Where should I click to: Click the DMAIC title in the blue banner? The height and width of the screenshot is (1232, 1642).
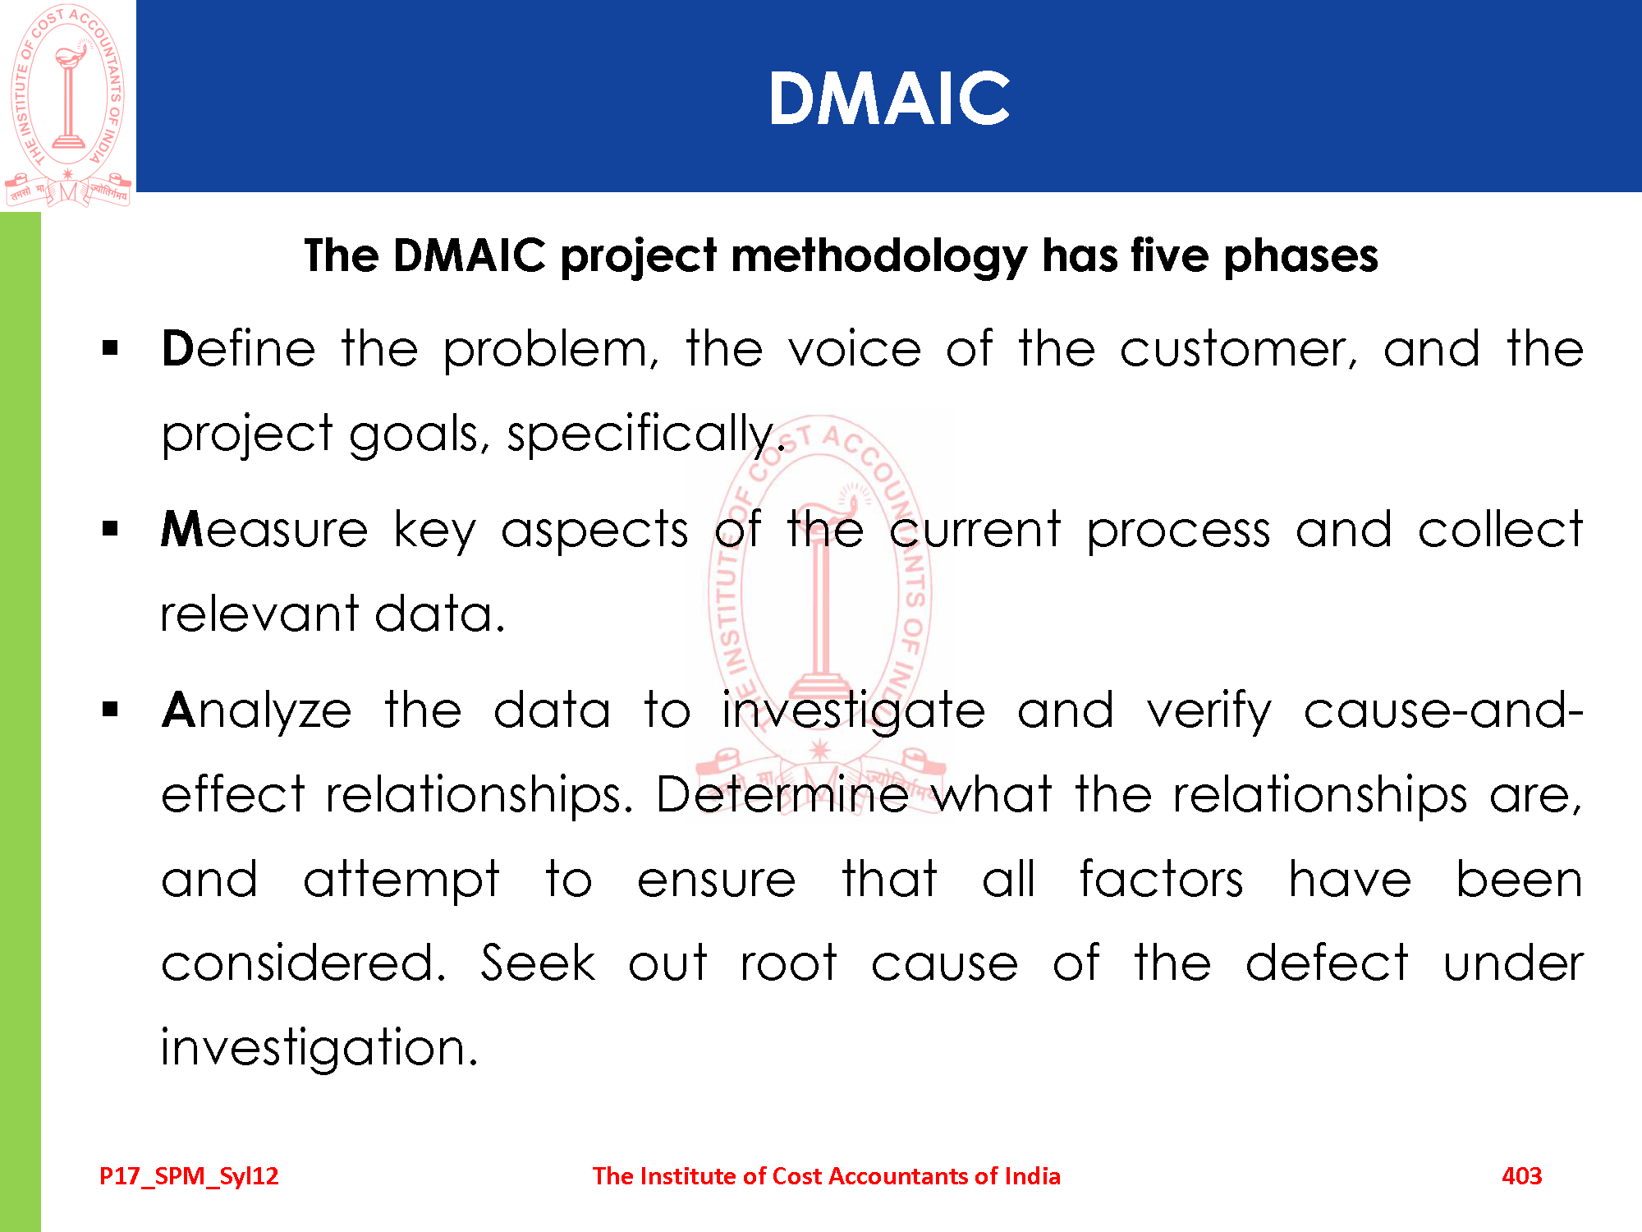pyautogui.click(x=889, y=98)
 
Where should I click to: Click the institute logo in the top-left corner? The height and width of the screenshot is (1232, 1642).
pyautogui.click(x=68, y=105)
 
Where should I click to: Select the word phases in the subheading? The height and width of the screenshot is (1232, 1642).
pyautogui.click(x=1300, y=257)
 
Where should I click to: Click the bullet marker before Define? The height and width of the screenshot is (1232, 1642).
pyautogui.click(x=111, y=349)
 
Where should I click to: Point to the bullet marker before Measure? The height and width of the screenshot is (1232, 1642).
pyautogui.click(x=111, y=529)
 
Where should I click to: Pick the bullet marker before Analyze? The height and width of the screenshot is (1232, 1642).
pyautogui.click(x=111, y=709)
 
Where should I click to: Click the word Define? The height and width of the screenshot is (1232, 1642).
pyautogui.click(x=239, y=348)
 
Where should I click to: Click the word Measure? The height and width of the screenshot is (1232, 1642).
pyautogui.click(x=264, y=529)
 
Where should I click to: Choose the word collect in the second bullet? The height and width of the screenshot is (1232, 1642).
pyautogui.click(x=1500, y=529)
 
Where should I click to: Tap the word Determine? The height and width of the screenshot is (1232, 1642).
pyautogui.click(x=782, y=795)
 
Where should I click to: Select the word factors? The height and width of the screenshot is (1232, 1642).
pyautogui.click(x=1162, y=879)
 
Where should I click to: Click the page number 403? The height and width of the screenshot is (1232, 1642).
pyautogui.click(x=1521, y=1176)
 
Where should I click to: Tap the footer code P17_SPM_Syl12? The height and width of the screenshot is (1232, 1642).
pyautogui.click(x=189, y=1177)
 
